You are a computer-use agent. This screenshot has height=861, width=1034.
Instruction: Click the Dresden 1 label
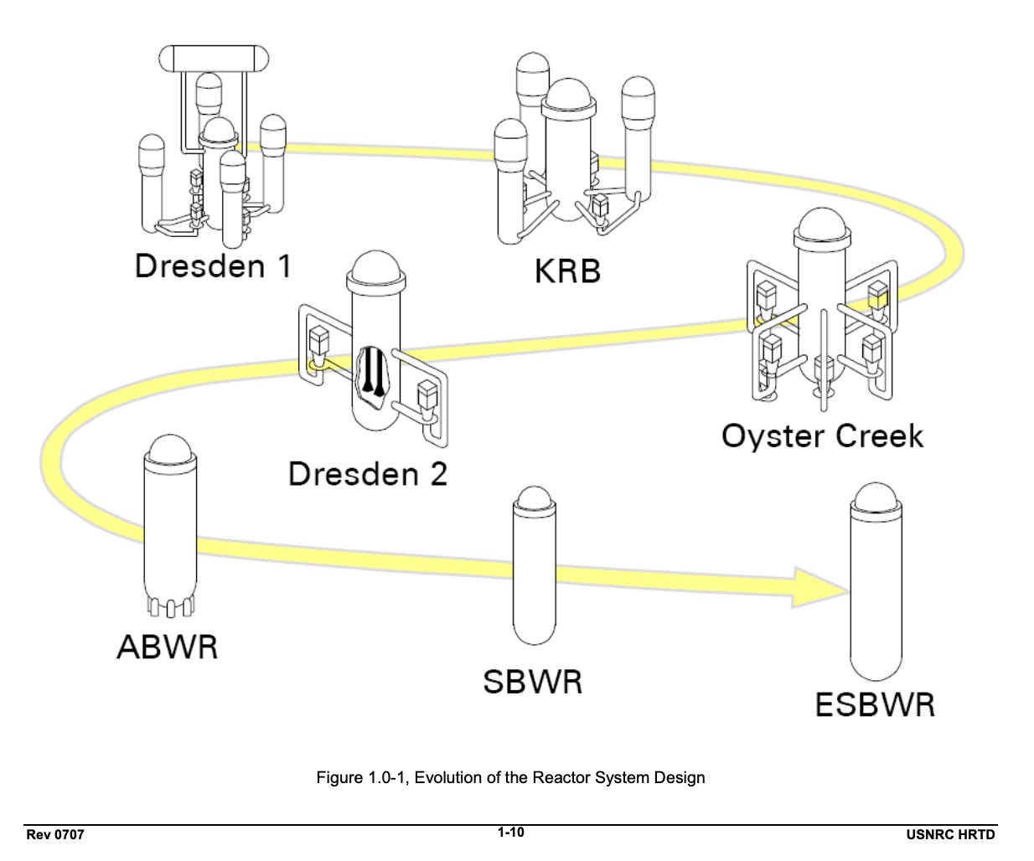(213, 266)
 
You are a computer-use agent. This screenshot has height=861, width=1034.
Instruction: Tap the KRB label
(567, 271)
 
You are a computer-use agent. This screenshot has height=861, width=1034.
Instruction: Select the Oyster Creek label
(822, 436)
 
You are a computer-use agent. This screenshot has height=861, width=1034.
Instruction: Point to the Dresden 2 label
(368, 473)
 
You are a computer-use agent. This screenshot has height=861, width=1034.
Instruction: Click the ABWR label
(168, 647)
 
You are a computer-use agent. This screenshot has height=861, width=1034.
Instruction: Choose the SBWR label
(532, 681)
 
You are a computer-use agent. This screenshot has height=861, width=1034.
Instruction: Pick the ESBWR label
(875, 704)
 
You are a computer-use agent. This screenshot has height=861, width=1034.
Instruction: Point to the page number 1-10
(510, 832)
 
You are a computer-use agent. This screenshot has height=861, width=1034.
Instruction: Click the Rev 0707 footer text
(55, 834)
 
